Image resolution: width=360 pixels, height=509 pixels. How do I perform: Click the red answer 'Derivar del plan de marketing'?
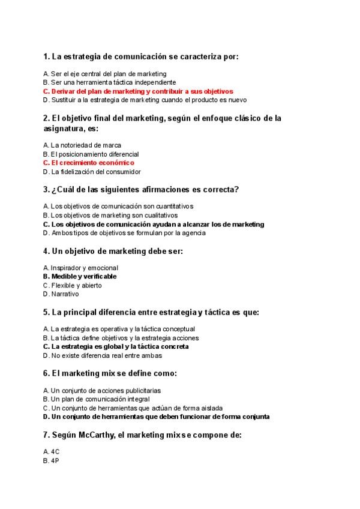click(x=138, y=91)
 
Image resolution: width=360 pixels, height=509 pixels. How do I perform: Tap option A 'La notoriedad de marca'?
click(x=82, y=145)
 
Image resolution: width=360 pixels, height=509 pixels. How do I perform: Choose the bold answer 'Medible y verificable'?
click(x=80, y=277)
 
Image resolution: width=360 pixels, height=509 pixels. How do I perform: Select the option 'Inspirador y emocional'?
click(x=80, y=268)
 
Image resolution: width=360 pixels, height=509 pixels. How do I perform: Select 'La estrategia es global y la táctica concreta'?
click(x=116, y=346)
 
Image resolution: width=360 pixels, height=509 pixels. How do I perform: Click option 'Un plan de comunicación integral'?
click(x=97, y=399)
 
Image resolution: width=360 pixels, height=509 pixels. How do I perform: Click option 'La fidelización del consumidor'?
click(x=92, y=172)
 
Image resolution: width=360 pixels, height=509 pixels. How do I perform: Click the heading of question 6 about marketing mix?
click(x=110, y=373)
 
